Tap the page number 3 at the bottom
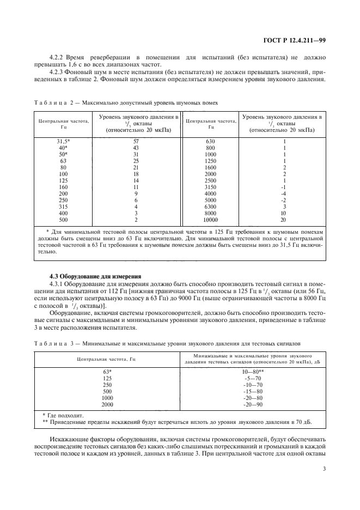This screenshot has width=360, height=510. coord(323,467)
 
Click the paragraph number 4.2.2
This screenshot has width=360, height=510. coord(58,57)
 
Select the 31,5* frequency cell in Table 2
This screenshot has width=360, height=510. coord(63,141)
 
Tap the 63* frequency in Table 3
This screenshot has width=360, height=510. coord(107,371)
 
